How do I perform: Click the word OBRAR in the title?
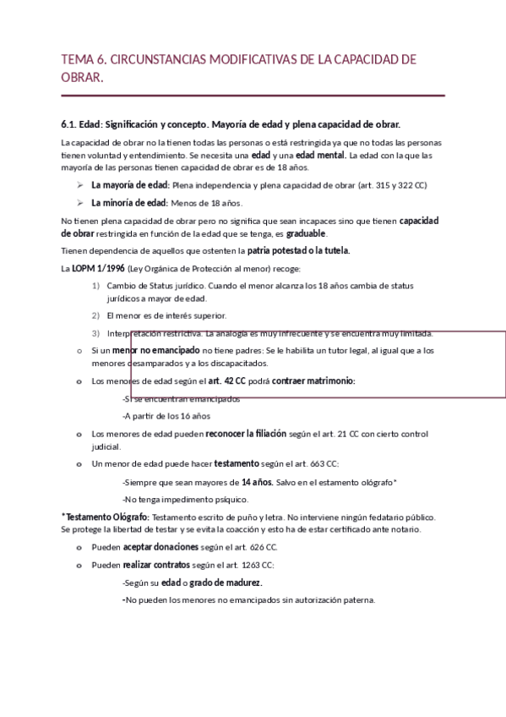click(82, 77)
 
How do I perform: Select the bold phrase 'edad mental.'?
click(320, 156)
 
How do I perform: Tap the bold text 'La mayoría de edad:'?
click(130, 184)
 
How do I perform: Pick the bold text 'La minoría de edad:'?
click(129, 202)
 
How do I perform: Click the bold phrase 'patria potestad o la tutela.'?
click(298, 250)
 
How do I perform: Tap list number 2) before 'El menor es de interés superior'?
click(96, 315)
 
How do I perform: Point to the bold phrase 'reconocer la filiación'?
click(242, 433)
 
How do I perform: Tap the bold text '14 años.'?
click(257, 481)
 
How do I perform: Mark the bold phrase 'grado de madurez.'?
click(226, 583)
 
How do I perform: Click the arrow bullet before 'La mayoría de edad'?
click(79, 184)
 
